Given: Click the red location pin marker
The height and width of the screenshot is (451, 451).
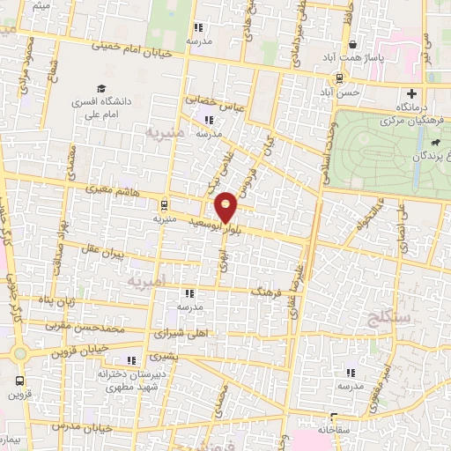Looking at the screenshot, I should tap(226, 206).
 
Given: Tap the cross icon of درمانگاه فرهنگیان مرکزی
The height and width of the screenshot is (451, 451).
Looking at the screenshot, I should tap(411, 94).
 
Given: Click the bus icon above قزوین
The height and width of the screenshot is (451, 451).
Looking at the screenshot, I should tap(19, 381).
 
